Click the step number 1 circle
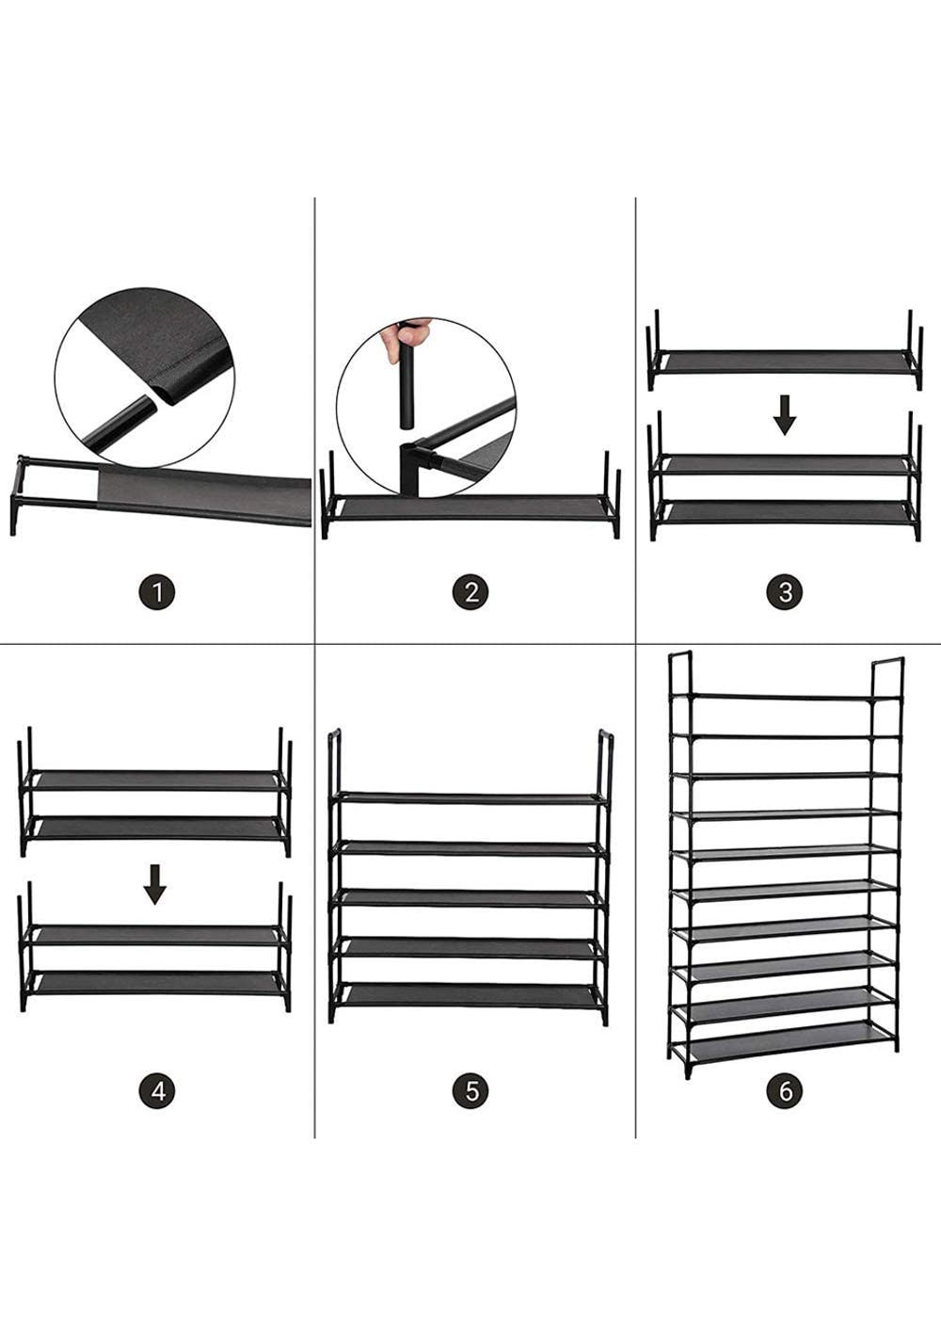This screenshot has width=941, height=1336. pos(157,593)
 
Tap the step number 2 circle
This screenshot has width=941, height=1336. pos(470,593)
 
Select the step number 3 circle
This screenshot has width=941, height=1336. pos(785,593)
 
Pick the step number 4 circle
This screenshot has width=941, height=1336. pos(157,1091)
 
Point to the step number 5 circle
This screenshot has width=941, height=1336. pos(470,1091)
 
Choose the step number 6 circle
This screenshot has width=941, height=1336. pos(785,1091)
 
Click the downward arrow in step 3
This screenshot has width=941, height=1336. pos(785,416)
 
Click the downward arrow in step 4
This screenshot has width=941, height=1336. pos(155,884)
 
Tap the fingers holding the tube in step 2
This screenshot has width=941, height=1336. pos(406,341)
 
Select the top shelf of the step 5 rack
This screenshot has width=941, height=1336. pos(470,798)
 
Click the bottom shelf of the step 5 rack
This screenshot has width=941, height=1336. pos(470,994)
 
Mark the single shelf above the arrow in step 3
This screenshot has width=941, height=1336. pos(785,362)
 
